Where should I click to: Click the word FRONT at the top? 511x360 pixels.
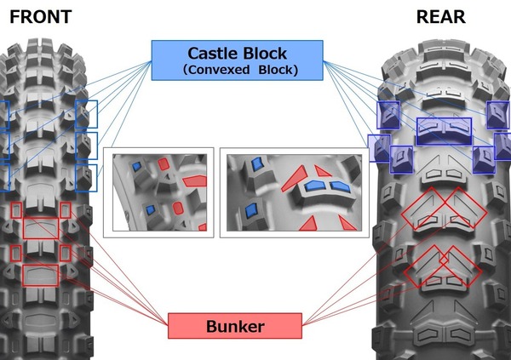[40, 16]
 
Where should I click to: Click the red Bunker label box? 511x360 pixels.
[234, 326]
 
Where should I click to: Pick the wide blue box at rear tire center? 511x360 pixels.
[443, 129]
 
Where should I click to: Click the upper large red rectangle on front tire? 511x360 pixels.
[41, 227]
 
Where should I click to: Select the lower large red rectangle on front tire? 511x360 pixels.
[41, 275]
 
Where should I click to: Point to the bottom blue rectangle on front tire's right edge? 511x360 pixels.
[86, 177]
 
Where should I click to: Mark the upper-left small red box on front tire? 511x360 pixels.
[16, 210]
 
